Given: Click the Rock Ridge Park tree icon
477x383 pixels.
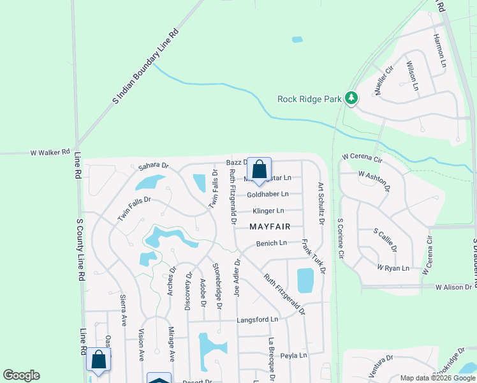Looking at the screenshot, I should pyautogui.click(x=351, y=98).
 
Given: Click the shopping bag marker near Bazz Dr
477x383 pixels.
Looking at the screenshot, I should pyautogui.click(x=259, y=170).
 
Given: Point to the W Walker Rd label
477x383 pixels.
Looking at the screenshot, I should pyautogui.click(x=50, y=153).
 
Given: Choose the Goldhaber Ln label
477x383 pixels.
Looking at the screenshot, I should pyautogui.click(x=268, y=194).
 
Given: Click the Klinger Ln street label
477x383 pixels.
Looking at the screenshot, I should pyautogui.click(x=268, y=211).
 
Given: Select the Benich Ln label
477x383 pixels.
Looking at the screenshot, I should pyautogui.click(x=272, y=243).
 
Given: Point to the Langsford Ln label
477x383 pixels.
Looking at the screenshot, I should pyautogui.click(x=258, y=319).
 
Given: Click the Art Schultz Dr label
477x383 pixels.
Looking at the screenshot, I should pyautogui.click(x=321, y=204).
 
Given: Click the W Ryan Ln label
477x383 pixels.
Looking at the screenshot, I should pyautogui.click(x=393, y=268).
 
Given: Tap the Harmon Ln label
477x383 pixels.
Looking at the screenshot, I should pyautogui.click(x=439, y=50).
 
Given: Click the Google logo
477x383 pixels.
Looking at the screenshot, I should pyautogui.click(x=21, y=375).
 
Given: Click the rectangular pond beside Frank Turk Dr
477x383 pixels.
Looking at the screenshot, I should pyautogui.click(x=305, y=280).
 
